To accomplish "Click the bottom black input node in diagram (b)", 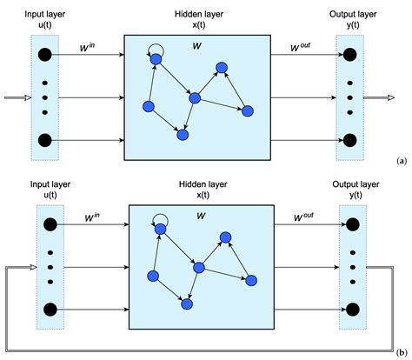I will coord(49,308).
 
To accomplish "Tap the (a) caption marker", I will coord(400,162).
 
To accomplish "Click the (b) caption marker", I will coord(400,350).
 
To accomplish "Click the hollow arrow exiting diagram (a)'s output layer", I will coord(377,97).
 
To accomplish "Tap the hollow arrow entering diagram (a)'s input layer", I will coord(17,97).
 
